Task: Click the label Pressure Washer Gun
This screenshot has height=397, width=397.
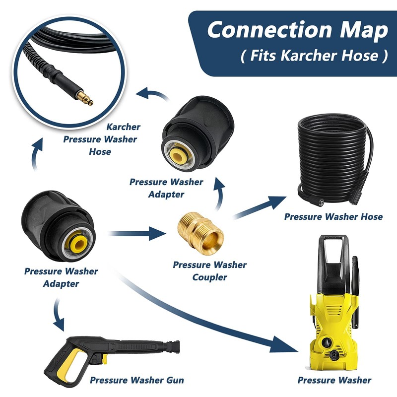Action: pos(137,381)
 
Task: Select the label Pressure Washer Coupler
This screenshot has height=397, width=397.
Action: pos(209,271)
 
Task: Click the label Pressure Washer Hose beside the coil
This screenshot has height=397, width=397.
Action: pos(333,217)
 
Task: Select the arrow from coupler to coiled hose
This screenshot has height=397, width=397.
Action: pos(259,207)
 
